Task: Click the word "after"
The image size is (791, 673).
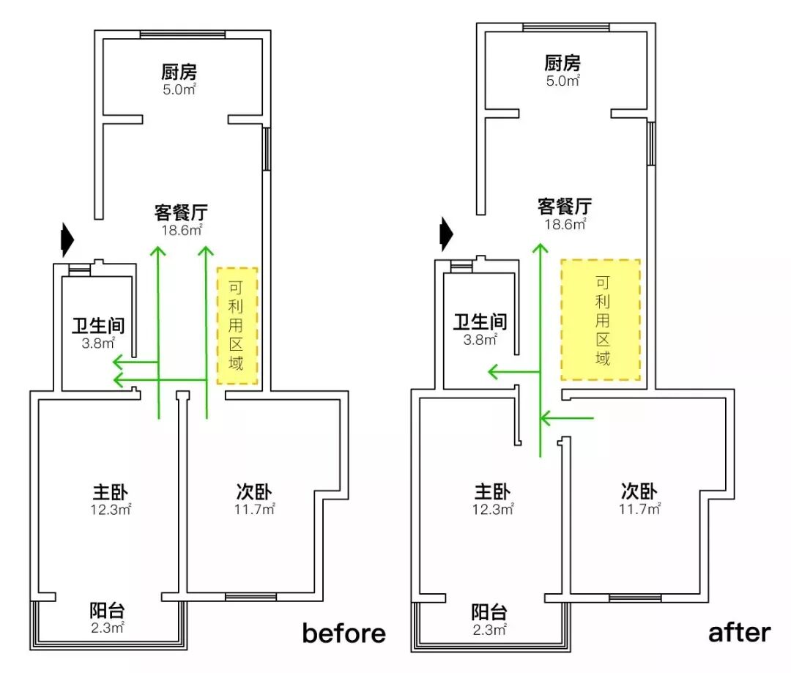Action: click(739, 631)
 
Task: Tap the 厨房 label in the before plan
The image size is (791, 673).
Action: click(179, 72)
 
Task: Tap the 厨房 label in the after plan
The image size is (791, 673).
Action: click(562, 63)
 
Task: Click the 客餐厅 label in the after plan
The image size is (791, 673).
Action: click(565, 206)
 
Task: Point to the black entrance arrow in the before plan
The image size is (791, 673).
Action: click(67, 239)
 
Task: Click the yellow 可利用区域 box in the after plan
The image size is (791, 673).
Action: click(601, 319)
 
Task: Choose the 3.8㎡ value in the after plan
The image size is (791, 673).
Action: click(480, 339)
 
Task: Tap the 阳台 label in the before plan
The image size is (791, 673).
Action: click(107, 611)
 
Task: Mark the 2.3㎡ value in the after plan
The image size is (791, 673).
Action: click(489, 629)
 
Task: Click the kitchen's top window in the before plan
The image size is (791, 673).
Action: click(182, 34)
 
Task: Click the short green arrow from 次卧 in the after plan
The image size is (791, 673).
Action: click(566, 418)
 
